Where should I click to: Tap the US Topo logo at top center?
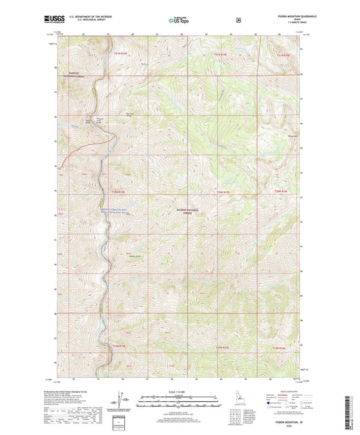(179, 21)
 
